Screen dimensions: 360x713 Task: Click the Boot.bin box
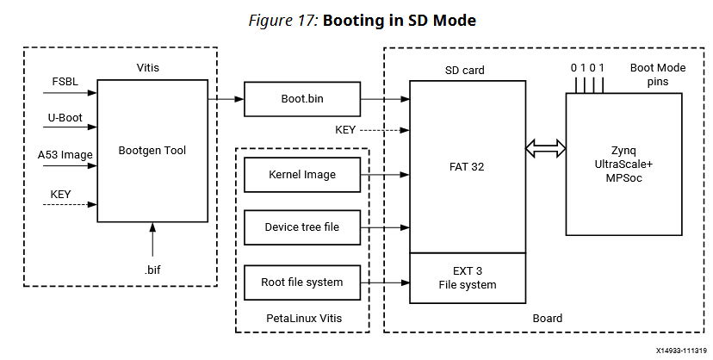coord(301,99)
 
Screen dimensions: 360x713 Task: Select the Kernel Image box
coord(301,175)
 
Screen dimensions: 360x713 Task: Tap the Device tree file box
coord(301,227)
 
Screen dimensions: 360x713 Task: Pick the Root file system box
coord(301,282)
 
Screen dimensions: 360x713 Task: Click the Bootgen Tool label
coord(152,151)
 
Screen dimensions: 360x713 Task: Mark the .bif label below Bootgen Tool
coord(152,270)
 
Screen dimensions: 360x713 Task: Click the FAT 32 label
coord(467,167)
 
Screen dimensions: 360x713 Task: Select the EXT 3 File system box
coord(467,277)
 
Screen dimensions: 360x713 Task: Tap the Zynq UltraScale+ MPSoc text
coord(623,164)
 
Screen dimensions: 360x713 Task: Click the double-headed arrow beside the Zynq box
coord(545,149)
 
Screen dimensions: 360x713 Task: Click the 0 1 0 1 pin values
coord(588,67)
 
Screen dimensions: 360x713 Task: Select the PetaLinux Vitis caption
coord(302,319)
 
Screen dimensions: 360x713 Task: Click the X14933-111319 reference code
coord(680,351)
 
